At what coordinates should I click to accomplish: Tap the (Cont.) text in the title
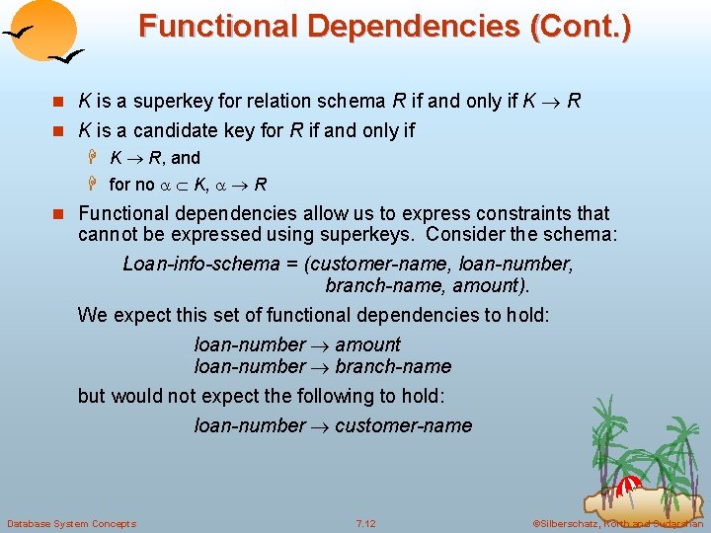(580, 26)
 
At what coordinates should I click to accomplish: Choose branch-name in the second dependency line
(393, 366)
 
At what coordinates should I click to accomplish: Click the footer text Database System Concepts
(71, 523)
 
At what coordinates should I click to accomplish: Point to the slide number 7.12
(365, 523)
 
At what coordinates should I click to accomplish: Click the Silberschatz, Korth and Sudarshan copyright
(618, 523)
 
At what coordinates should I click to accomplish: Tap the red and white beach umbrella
(629, 485)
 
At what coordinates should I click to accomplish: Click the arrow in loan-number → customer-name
(320, 426)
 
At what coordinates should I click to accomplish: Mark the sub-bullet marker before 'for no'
(95, 185)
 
